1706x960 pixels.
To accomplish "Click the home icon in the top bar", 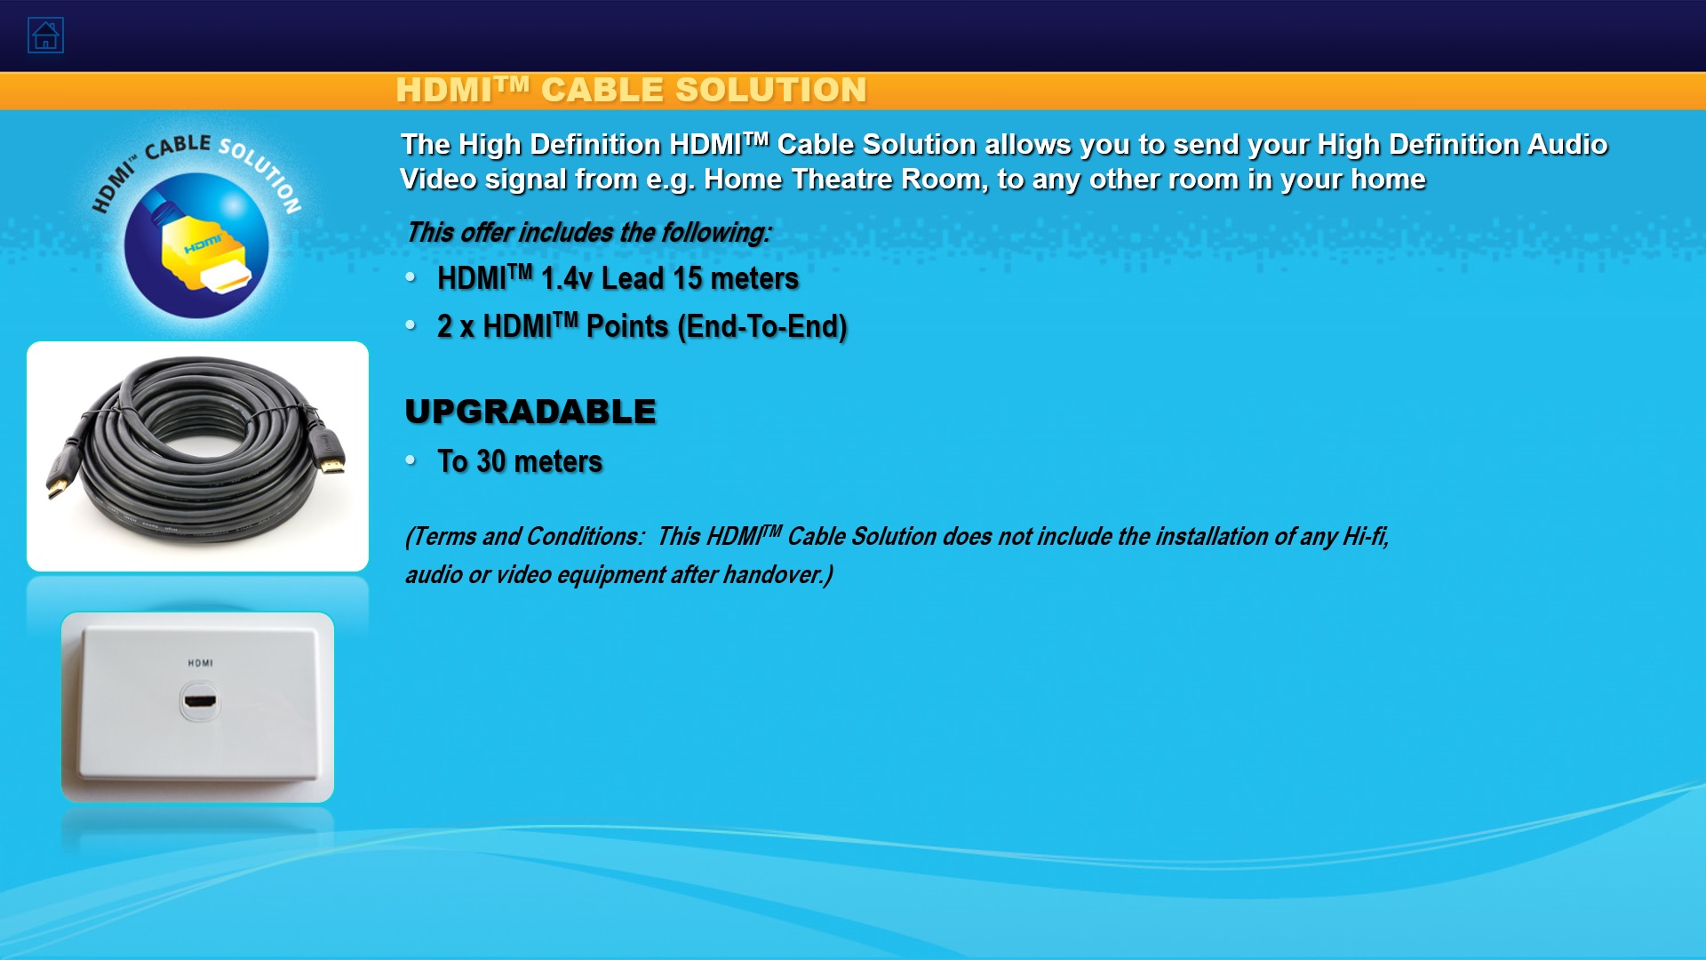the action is (x=45, y=36).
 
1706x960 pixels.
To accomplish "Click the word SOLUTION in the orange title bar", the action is (x=770, y=90).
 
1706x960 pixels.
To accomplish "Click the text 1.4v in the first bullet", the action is (x=567, y=278).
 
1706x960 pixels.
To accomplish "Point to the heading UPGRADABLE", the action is (x=530, y=412).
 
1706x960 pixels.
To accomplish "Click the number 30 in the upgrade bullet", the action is (x=491, y=461).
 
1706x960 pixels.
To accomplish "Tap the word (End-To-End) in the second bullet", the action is (x=761, y=326).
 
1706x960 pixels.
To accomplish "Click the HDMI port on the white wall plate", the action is (x=199, y=701).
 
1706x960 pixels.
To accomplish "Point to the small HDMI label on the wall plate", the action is (x=201, y=663).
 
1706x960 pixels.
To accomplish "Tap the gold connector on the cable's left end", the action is (x=55, y=486).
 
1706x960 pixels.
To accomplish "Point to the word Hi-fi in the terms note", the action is (x=1365, y=536).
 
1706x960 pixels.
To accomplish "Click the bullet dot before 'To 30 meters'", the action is (x=411, y=460).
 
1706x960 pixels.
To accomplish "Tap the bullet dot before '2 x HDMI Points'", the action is (x=411, y=324).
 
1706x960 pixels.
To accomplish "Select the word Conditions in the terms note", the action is (x=585, y=536).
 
